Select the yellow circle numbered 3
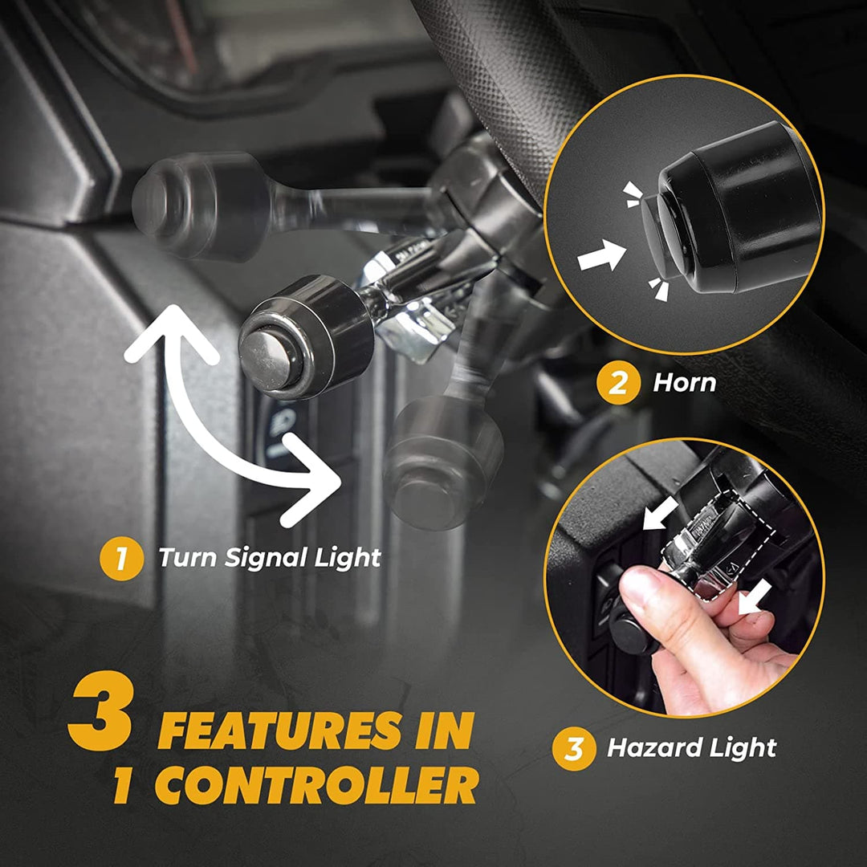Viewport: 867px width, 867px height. coord(574,749)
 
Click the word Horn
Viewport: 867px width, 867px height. coord(684,383)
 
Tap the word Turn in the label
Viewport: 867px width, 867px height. coord(185,557)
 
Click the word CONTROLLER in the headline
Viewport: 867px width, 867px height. coord(317,787)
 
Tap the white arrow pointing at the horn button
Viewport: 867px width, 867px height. coord(601,256)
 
